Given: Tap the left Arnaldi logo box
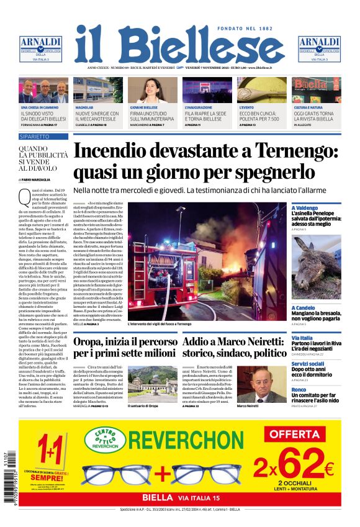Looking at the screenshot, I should pos(40,49).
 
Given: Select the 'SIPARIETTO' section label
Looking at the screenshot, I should pos(35,136).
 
